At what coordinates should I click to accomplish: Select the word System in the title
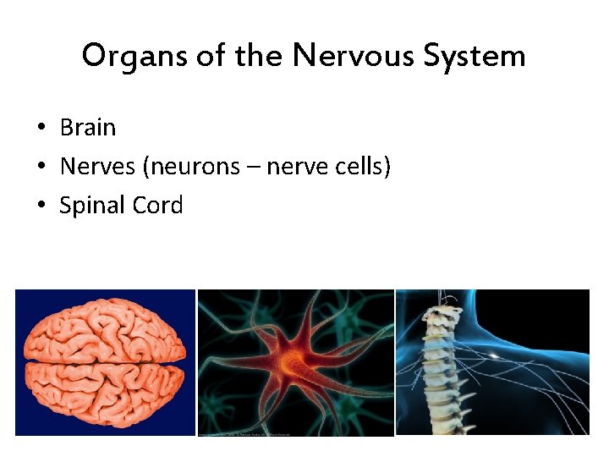[x=480, y=57]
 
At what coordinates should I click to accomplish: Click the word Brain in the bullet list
[x=88, y=128]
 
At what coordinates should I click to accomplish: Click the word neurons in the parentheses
[x=195, y=167]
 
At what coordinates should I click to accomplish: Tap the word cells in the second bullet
[x=361, y=167]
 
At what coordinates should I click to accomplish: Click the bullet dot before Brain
[x=41, y=129]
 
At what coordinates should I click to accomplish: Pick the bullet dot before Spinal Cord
[x=41, y=206]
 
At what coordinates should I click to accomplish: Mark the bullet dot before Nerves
[x=41, y=168]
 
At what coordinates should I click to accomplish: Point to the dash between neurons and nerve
[x=254, y=168]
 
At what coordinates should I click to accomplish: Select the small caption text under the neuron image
[x=245, y=434]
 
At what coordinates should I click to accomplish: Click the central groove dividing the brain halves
[x=105, y=363]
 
